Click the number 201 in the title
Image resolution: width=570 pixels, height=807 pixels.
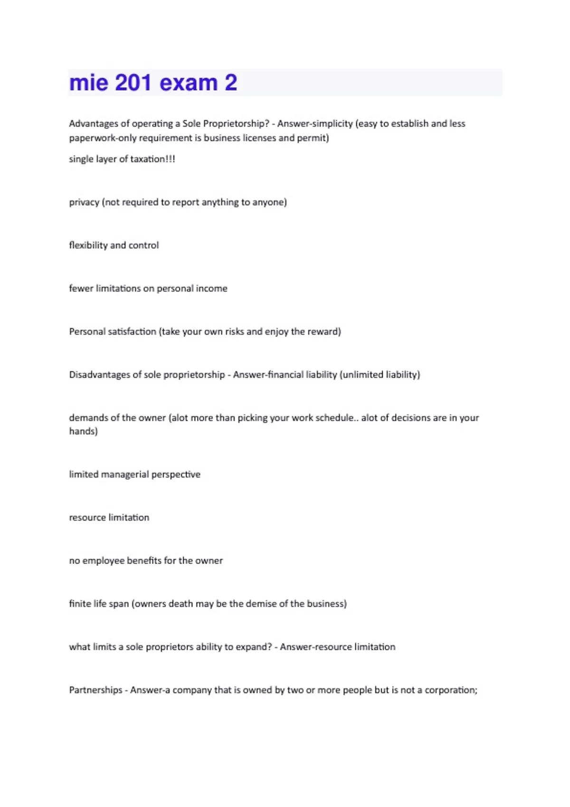pos(133,83)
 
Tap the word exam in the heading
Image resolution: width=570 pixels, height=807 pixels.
pos(189,83)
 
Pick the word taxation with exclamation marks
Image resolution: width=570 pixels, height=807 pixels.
pos(152,159)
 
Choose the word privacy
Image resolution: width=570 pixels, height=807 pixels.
pos(84,202)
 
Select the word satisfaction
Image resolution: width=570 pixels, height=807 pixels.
pos(132,331)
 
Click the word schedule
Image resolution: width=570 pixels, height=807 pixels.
pos(335,418)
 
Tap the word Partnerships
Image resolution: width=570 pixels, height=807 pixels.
pos(95,690)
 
